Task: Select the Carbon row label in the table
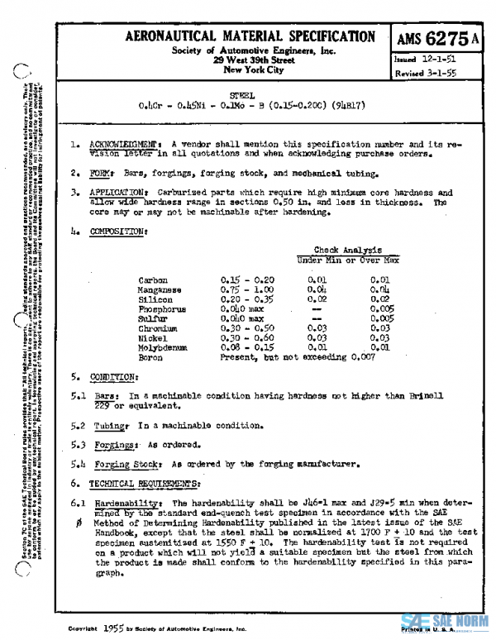(153, 280)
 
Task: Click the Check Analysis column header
(347, 250)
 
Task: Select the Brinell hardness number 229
(102, 405)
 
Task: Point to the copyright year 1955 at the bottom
(115, 628)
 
